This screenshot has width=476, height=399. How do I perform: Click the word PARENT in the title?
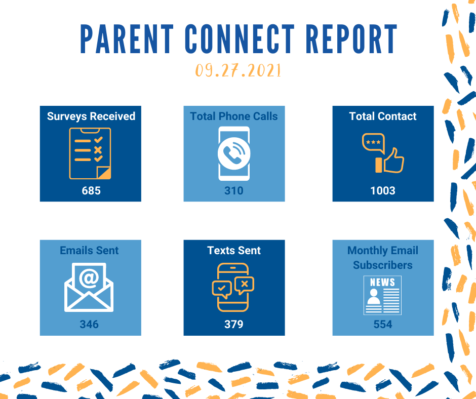[x=127, y=39]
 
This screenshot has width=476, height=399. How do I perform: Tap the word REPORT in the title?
[x=351, y=39]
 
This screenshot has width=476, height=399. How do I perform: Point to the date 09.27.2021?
[x=239, y=70]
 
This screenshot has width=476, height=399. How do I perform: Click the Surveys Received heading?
[x=91, y=116]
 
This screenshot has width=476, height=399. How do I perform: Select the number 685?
[x=91, y=191]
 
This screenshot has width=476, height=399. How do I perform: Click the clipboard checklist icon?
[x=90, y=153]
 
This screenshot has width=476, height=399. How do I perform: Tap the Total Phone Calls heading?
[x=234, y=116]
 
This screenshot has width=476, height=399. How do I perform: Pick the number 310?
[x=234, y=191]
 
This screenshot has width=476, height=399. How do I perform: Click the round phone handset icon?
[x=234, y=153]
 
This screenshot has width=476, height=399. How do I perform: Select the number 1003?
[x=383, y=191]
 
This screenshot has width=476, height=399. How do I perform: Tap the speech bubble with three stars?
[x=373, y=143]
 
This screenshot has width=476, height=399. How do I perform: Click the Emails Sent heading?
[x=89, y=251]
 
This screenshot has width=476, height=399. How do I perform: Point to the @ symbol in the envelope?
[x=89, y=278]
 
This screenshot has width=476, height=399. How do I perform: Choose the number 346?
[x=89, y=324]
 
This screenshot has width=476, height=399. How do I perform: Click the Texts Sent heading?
[x=234, y=251]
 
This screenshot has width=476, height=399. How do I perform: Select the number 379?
[x=234, y=324]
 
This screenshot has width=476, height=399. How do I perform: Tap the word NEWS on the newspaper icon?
[x=382, y=283]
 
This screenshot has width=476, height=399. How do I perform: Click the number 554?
[x=383, y=324]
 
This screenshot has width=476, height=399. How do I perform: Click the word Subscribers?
[x=383, y=265]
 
